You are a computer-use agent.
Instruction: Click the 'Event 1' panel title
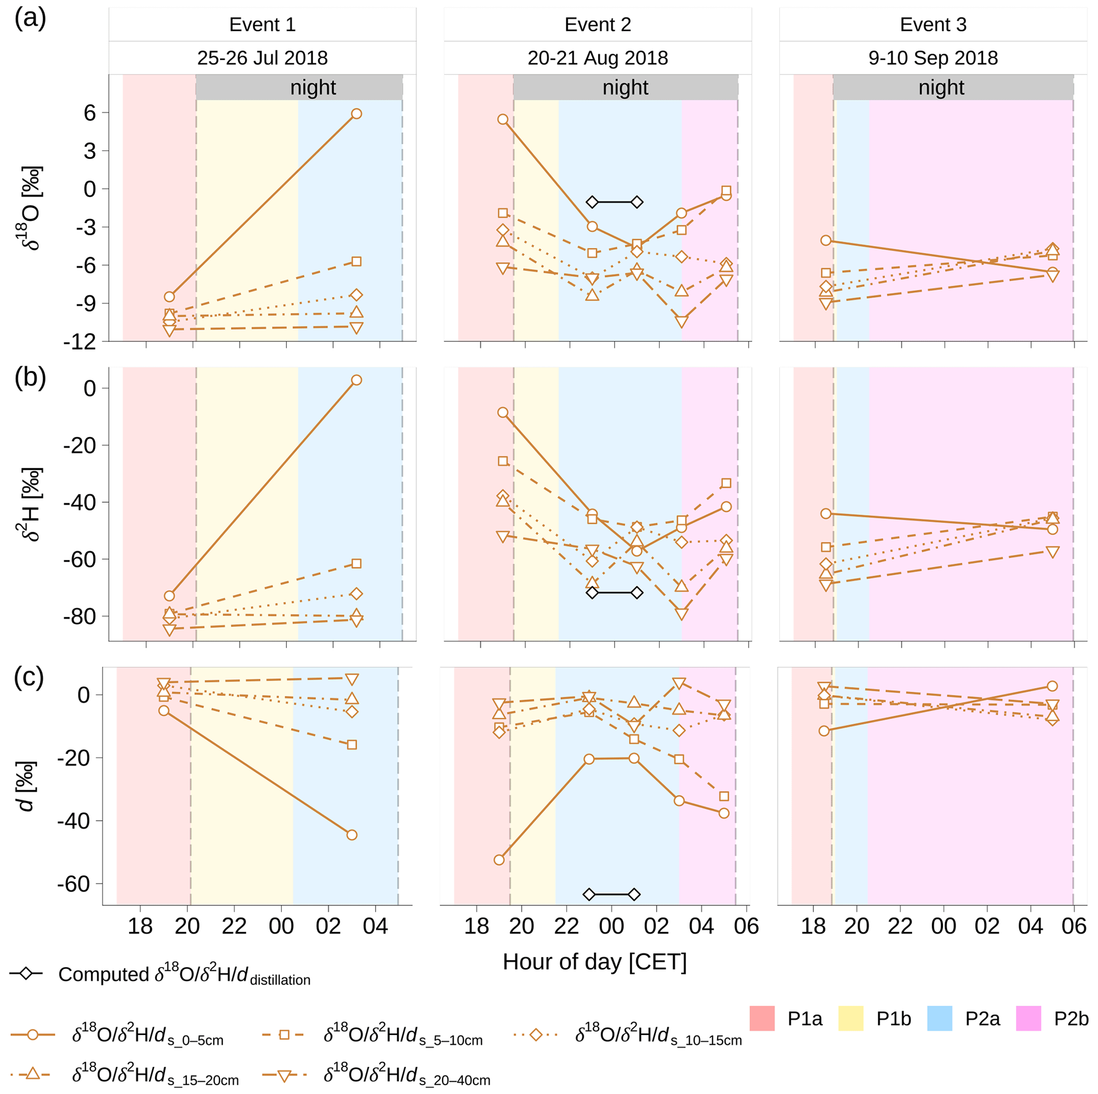click(262, 24)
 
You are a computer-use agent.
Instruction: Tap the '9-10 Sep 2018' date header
click(933, 58)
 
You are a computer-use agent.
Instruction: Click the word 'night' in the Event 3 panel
click(941, 88)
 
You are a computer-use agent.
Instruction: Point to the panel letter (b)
click(30, 377)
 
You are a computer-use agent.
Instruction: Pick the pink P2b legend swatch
click(1028, 1019)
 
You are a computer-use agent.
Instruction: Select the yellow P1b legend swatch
click(851, 1019)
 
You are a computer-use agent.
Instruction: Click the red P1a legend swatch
click(762, 1019)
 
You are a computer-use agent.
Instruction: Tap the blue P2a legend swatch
click(940, 1019)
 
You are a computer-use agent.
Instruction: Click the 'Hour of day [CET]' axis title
click(594, 962)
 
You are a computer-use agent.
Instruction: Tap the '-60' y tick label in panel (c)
click(73, 884)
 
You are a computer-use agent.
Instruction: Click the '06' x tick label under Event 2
click(746, 926)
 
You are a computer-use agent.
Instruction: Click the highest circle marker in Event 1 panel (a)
click(356, 114)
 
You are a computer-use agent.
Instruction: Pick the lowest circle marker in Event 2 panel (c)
click(499, 860)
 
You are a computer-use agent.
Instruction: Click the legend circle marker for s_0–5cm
click(32, 1035)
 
